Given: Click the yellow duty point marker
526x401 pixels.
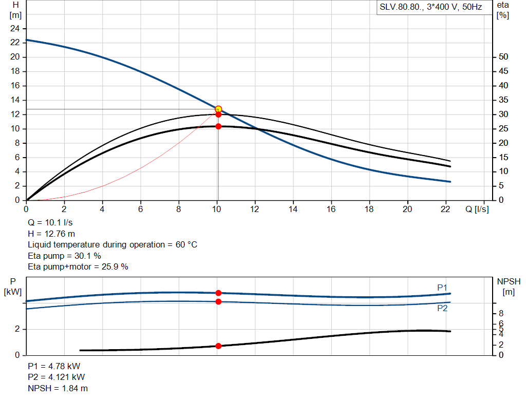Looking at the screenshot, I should click(x=218, y=109).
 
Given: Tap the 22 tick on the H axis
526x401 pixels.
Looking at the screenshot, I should click(x=15, y=43).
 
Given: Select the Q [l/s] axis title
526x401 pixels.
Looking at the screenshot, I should click(x=476, y=209).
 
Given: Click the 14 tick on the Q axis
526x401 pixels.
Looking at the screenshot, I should click(x=293, y=209).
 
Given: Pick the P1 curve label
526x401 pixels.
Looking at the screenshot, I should click(x=442, y=288).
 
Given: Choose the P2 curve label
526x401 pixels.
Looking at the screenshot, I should click(x=442, y=309).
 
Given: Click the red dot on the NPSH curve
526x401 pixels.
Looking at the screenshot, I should click(x=218, y=346).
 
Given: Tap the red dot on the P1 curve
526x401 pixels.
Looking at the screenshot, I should click(x=218, y=293).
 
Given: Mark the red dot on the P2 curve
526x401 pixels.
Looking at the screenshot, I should click(x=218, y=301).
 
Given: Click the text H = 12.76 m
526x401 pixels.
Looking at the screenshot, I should click(x=51, y=234).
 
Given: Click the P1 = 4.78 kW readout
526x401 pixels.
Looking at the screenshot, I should click(x=54, y=366).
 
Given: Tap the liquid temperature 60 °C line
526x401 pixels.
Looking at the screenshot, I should click(x=112, y=244).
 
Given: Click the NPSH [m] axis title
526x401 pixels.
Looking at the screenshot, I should click(x=509, y=287).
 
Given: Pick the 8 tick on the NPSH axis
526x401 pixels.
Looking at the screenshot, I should click(x=501, y=313).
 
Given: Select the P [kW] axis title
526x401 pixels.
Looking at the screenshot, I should click(x=14, y=287).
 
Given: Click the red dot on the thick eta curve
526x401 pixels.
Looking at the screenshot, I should click(x=218, y=126).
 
